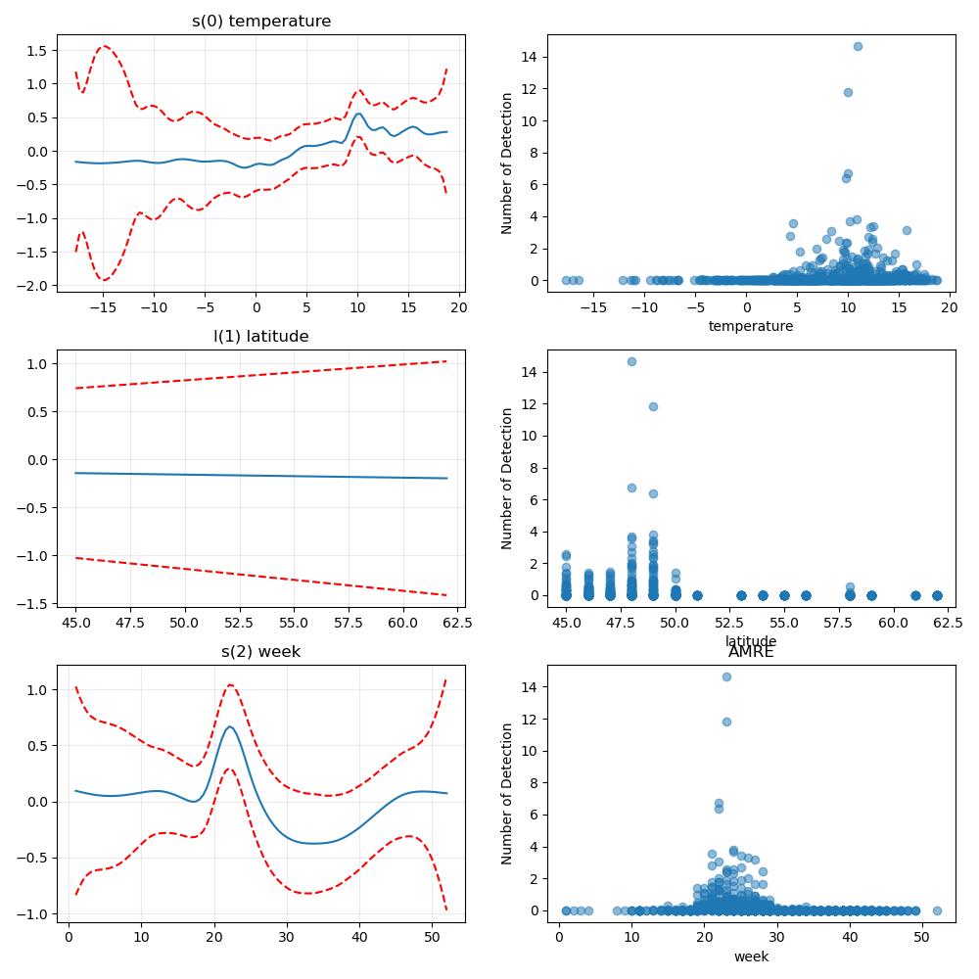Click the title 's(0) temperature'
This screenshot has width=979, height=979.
click(261, 21)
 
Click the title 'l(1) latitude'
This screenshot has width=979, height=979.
click(261, 336)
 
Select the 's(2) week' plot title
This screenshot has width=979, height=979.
click(261, 651)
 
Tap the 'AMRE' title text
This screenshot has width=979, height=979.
click(751, 652)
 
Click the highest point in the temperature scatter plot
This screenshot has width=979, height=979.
click(858, 46)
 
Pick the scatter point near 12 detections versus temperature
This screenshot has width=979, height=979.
click(848, 92)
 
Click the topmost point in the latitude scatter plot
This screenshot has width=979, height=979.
click(631, 361)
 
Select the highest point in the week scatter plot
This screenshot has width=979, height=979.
click(726, 676)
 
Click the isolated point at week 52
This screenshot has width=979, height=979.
click(937, 910)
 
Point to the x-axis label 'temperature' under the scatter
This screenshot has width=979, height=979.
click(751, 326)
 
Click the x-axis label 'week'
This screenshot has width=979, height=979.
click(751, 956)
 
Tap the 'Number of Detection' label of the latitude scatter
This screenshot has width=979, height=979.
click(506, 479)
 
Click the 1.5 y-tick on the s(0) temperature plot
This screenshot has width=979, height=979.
click(37, 51)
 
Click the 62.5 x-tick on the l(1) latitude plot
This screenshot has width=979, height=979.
click(457, 623)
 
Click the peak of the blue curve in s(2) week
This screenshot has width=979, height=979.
click(229, 726)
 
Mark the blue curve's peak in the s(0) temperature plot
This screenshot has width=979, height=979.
click(358, 114)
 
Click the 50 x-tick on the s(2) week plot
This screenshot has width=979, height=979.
click(432, 937)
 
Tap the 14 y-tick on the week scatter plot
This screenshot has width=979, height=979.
click(530, 687)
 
